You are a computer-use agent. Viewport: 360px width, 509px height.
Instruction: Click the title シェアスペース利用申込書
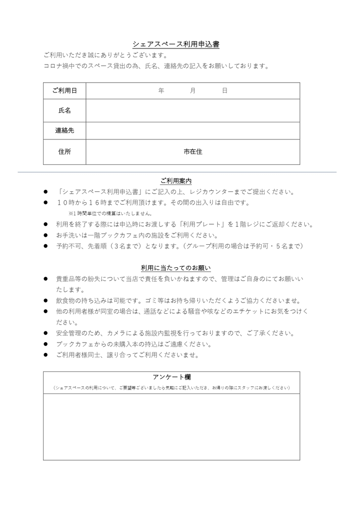point(176,45)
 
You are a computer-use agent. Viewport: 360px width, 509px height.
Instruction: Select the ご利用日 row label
point(65,91)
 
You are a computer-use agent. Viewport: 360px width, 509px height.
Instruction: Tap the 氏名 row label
point(65,111)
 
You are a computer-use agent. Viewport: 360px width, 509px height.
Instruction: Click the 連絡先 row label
point(65,131)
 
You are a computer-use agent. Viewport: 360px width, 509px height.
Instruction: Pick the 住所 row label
point(65,152)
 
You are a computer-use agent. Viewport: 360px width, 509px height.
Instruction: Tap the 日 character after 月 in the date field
point(225,91)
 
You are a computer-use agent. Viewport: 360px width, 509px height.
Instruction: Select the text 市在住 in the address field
point(193,152)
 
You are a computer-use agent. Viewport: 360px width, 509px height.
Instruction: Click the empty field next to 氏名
point(193,111)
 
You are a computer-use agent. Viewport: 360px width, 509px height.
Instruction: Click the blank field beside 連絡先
point(193,131)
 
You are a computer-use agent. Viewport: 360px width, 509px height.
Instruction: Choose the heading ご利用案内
point(176,181)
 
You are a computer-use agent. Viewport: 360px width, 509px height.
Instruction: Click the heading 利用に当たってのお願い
point(176,268)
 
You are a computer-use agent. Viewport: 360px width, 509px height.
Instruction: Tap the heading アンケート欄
point(171,377)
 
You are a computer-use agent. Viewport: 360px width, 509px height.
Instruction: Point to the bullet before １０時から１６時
point(45,203)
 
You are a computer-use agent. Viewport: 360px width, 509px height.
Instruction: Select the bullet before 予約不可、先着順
point(45,246)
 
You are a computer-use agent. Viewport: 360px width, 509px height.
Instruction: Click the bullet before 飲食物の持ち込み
point(45,301)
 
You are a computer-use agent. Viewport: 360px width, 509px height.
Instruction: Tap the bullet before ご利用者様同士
point(45,355)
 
